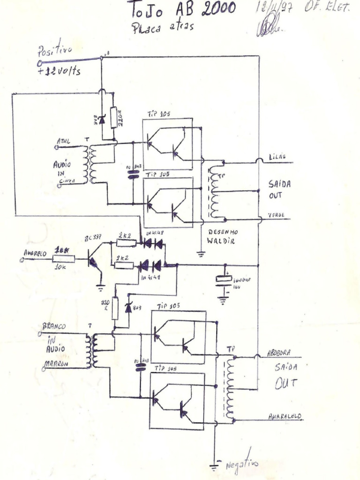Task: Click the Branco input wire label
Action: click(x=54, y=326)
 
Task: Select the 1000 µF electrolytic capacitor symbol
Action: click(x=224, y=280)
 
